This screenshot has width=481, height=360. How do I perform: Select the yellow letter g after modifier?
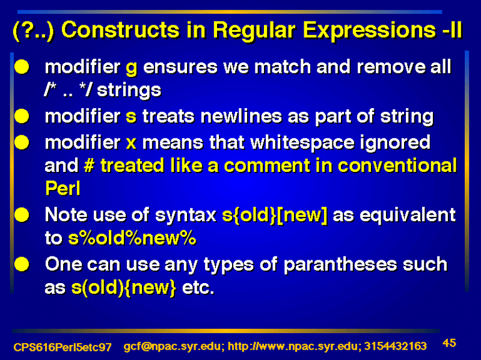coord(131,68)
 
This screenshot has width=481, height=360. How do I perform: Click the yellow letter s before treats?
coord(131,117)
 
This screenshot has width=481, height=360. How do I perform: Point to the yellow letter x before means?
coord(131,143)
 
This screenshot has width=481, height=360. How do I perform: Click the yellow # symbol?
coord(88,166)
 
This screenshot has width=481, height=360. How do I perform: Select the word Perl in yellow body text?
coord(63,188)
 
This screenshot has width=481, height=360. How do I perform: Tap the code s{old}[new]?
coord(275,215)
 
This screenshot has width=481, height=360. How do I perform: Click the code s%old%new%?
coord(132,238)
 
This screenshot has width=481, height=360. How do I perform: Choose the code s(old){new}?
coord(124,288)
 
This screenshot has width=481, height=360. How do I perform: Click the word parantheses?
coord(340,265)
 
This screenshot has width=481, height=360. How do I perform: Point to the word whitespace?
coord(302,143)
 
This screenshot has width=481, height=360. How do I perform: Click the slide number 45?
coord(449,343)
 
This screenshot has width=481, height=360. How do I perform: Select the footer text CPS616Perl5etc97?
coord(63,347)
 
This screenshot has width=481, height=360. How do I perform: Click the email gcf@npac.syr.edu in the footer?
coord(172,347)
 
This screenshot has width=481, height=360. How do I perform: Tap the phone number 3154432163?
coord(396,346)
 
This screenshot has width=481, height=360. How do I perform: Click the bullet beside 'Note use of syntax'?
coord(22,215)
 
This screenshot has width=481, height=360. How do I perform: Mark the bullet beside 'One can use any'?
coord(22,264)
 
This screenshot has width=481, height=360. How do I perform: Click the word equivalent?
coord(408,215)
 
